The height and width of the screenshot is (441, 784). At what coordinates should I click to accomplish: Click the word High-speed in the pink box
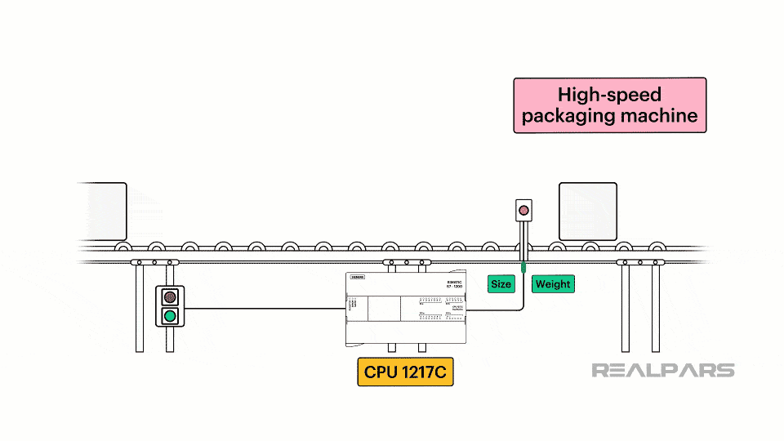pos(609,95)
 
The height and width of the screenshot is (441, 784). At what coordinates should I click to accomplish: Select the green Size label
pos(501,284)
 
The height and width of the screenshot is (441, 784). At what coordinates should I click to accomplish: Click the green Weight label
pos(553,284)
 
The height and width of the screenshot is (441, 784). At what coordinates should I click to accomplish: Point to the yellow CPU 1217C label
pos(406,372)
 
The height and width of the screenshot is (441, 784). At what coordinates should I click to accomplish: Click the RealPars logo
pos(662,371)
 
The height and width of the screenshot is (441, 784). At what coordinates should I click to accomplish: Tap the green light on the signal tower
pos(170,315)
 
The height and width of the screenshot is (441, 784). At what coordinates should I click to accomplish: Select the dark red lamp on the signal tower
pos(170,296)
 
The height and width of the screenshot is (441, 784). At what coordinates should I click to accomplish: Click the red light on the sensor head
pos(523,211)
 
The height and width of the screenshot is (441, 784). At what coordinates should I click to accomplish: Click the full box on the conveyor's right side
pos(587,211)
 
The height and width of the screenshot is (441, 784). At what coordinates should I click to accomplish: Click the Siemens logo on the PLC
pos(357,278)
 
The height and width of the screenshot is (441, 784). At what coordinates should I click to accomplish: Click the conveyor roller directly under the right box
pos(590,247)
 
